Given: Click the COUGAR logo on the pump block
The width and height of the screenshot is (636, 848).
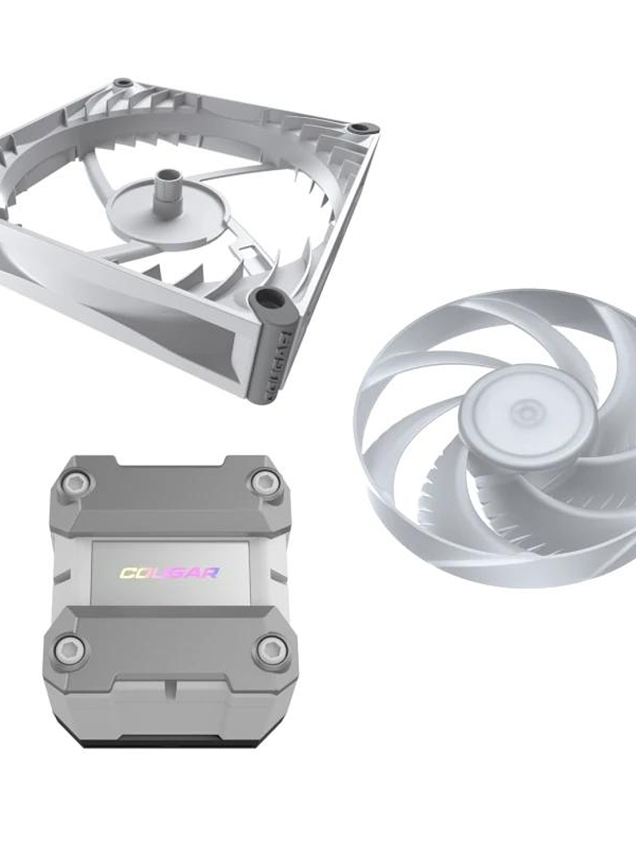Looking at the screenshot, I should tap(170, 573).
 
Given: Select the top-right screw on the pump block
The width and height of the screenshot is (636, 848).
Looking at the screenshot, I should tap(266, 480).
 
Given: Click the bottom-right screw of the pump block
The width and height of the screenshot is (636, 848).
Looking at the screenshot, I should tap(272, 650).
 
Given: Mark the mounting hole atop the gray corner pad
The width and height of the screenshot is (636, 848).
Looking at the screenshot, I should tap(269, 299).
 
